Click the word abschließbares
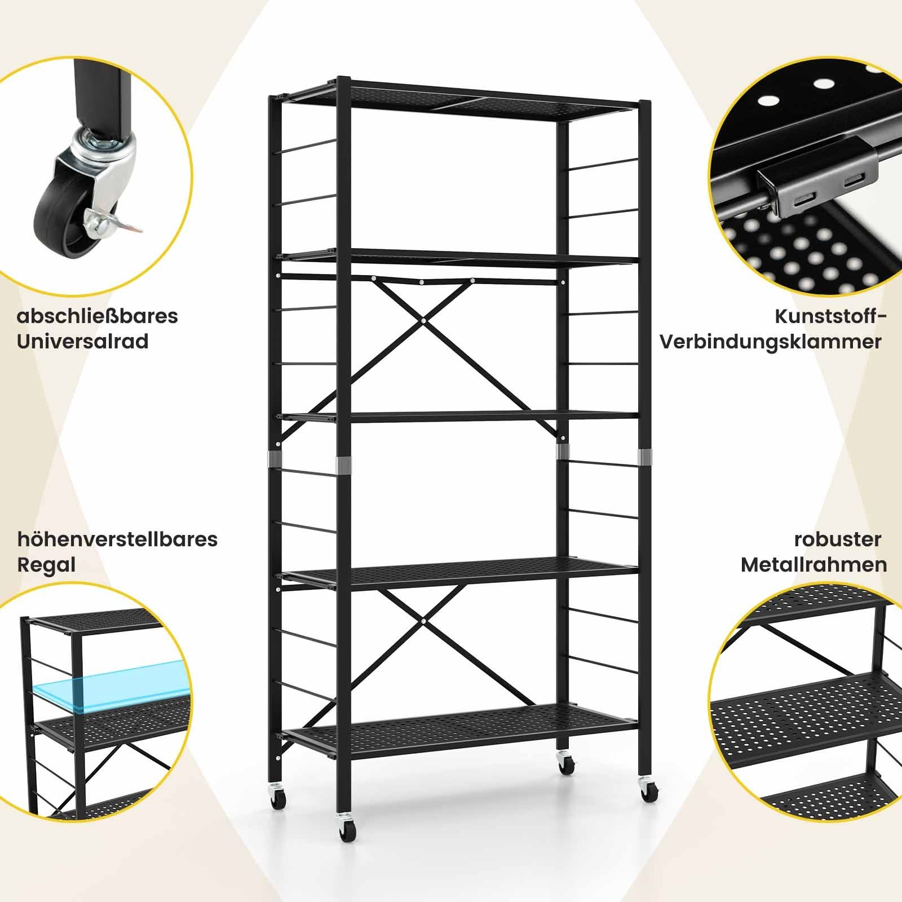point(98,316)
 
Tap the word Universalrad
point(83,342)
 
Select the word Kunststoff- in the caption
point(830,316)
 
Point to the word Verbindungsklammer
point(771,342)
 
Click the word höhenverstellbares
point(117,540)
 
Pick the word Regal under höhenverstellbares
point(46,565)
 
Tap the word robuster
point(838,540)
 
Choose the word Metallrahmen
point(814,565)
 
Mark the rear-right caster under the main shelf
point(565,764)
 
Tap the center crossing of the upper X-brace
point(423,320)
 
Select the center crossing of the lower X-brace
point(423,620)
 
